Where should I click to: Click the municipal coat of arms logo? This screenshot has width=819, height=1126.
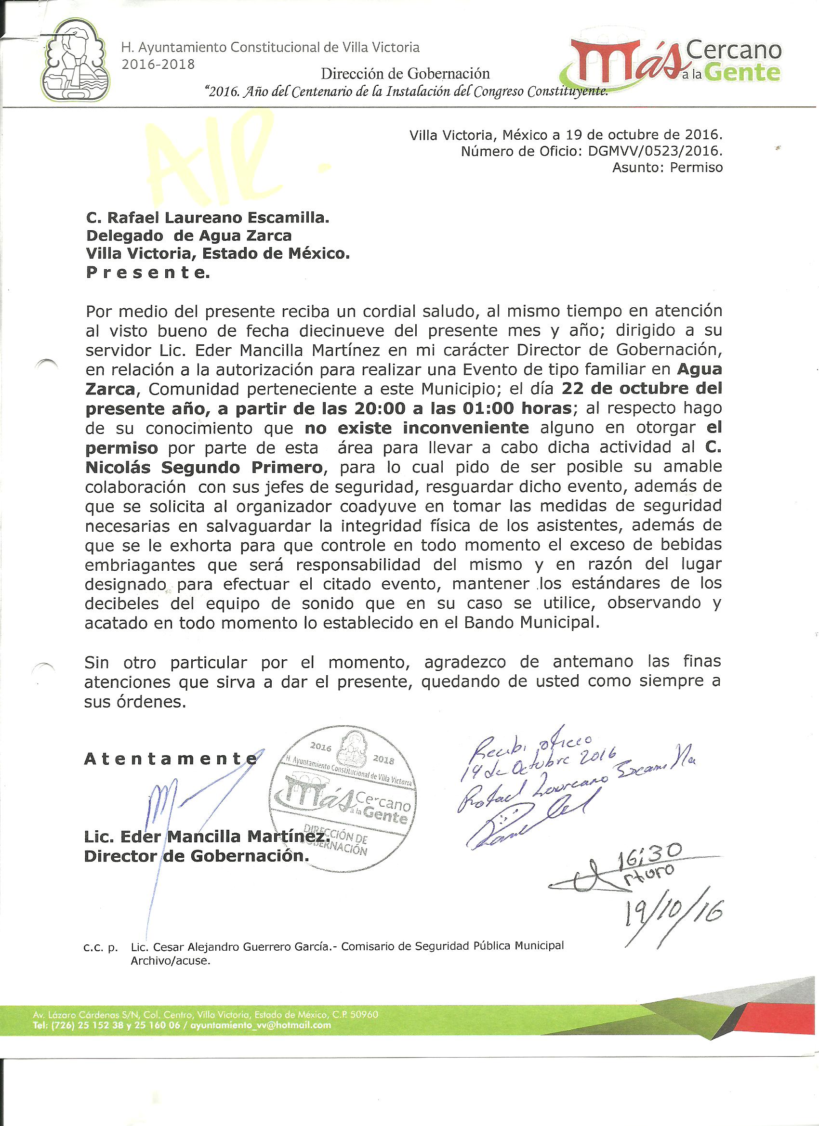point(76,60)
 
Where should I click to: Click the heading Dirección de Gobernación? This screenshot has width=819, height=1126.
point(405,74)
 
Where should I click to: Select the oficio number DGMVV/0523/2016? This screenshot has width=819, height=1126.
point(655,151)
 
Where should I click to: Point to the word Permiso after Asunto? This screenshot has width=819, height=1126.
point(696,168)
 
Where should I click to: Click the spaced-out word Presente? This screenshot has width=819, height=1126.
point(147,273)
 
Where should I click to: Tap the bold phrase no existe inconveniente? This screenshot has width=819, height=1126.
point(416,428)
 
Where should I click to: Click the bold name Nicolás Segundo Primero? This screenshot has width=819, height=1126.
point(204,467)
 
